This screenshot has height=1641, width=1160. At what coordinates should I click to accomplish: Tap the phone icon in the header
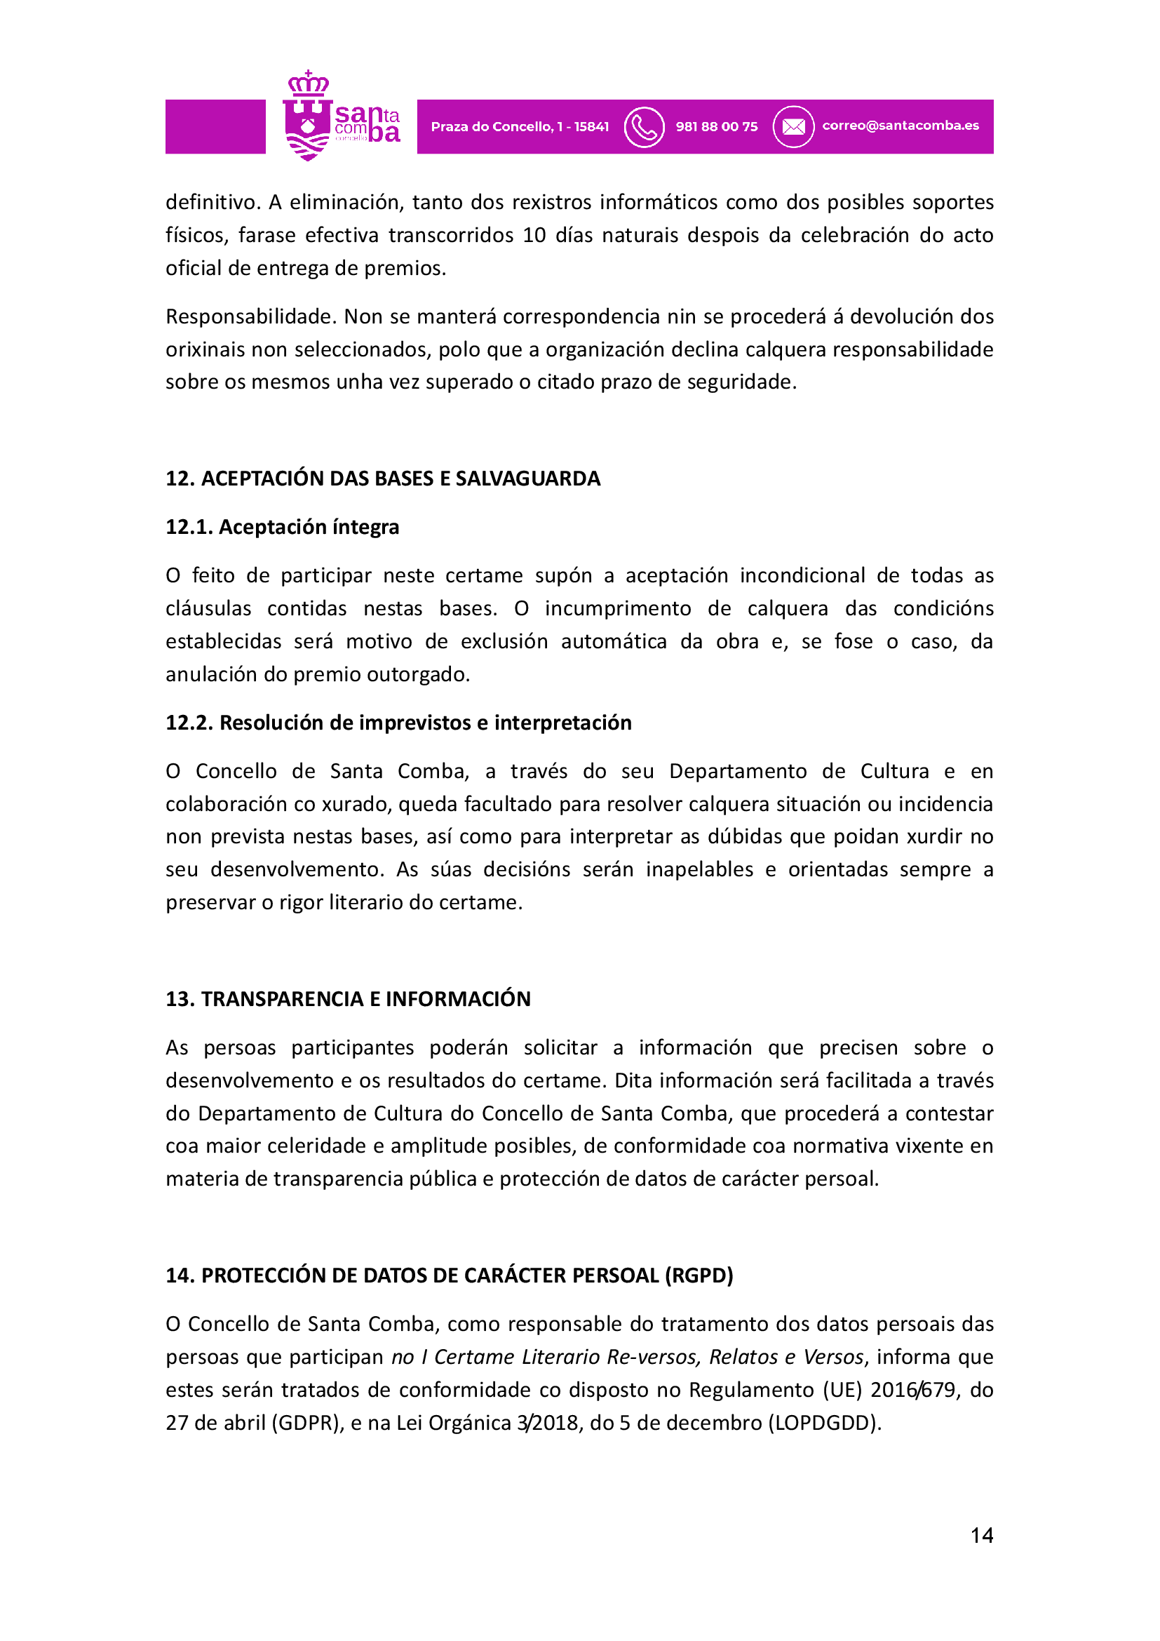click(644, 127)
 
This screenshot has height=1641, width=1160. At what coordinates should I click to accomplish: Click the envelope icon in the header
click(793, 127)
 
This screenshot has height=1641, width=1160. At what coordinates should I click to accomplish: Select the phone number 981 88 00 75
click(717, 127)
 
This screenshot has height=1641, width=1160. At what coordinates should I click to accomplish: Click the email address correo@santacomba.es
click(900, 126)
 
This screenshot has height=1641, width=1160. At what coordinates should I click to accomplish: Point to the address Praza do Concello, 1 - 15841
click(520, 127)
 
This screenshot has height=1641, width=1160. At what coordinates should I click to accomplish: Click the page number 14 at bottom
click(981, 1535)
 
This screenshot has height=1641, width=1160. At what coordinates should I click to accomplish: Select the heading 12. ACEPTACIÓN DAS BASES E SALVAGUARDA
click(383, 479)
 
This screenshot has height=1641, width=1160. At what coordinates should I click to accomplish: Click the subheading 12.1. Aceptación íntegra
click(282, 528)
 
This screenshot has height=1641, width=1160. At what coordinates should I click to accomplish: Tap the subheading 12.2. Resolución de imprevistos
click(398, 723)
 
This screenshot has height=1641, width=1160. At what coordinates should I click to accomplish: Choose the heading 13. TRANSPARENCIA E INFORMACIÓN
click(348, 999)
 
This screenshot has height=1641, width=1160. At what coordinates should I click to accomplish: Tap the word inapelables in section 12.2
click(699, 870)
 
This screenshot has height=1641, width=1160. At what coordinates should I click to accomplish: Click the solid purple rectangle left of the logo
click(215, 126)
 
